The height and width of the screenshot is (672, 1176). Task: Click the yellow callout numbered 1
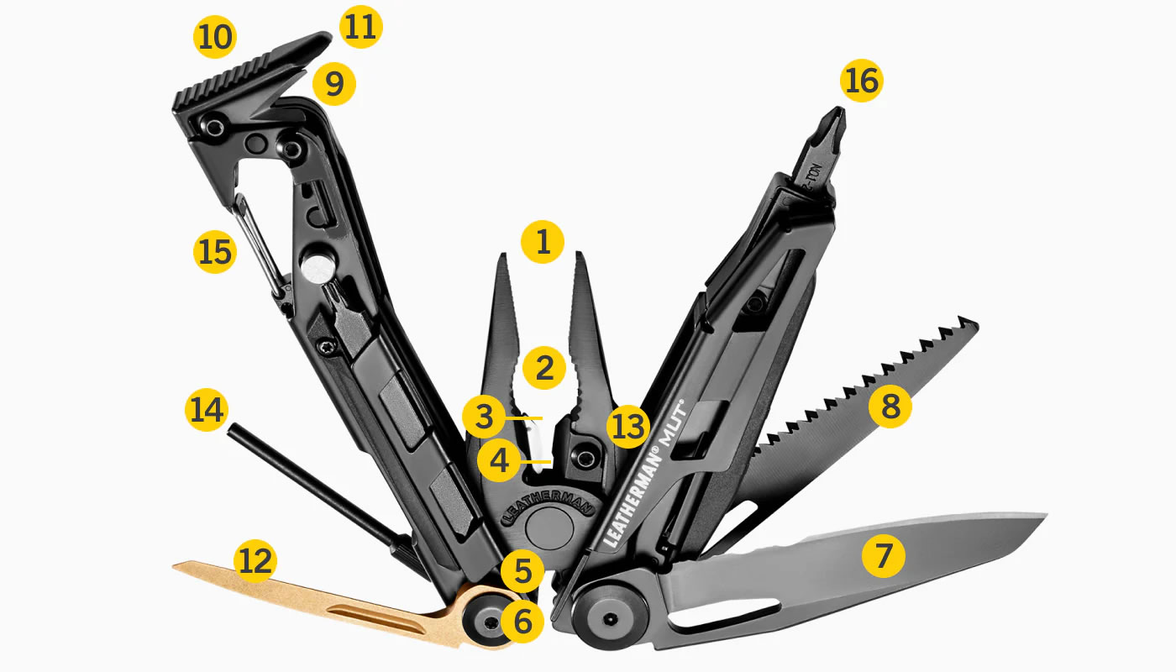coord(543,244)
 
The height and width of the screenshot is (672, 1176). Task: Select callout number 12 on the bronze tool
coord(255,561)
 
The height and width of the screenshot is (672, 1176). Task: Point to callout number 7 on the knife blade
coord(883,556)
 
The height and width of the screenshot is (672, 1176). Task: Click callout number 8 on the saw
coord(890,407)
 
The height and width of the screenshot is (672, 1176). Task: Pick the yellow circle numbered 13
coord(629,426)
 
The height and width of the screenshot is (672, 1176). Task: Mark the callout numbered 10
coord(215,38)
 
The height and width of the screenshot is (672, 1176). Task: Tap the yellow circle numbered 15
coord(214,251)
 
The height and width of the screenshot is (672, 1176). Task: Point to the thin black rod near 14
coord(311,479)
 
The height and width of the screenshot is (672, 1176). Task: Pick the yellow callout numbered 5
coord(522,571)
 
